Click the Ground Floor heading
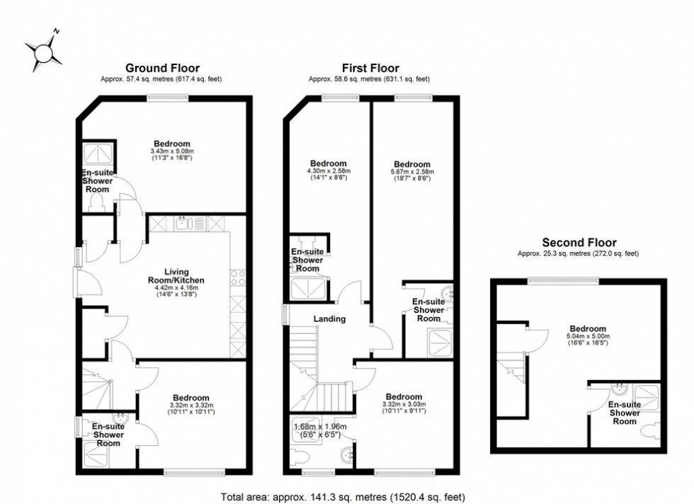click(x=162, y=68)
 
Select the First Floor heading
click(x=370, y=68)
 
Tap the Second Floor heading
click(x=579, y=241)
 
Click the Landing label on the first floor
click(x=330, y=319)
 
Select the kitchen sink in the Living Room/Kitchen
click(x=183, y=224)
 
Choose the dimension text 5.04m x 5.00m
click(x=588, y=336)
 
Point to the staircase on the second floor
click(x=511, y=371)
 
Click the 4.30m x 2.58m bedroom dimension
click(x=328, y=171)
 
